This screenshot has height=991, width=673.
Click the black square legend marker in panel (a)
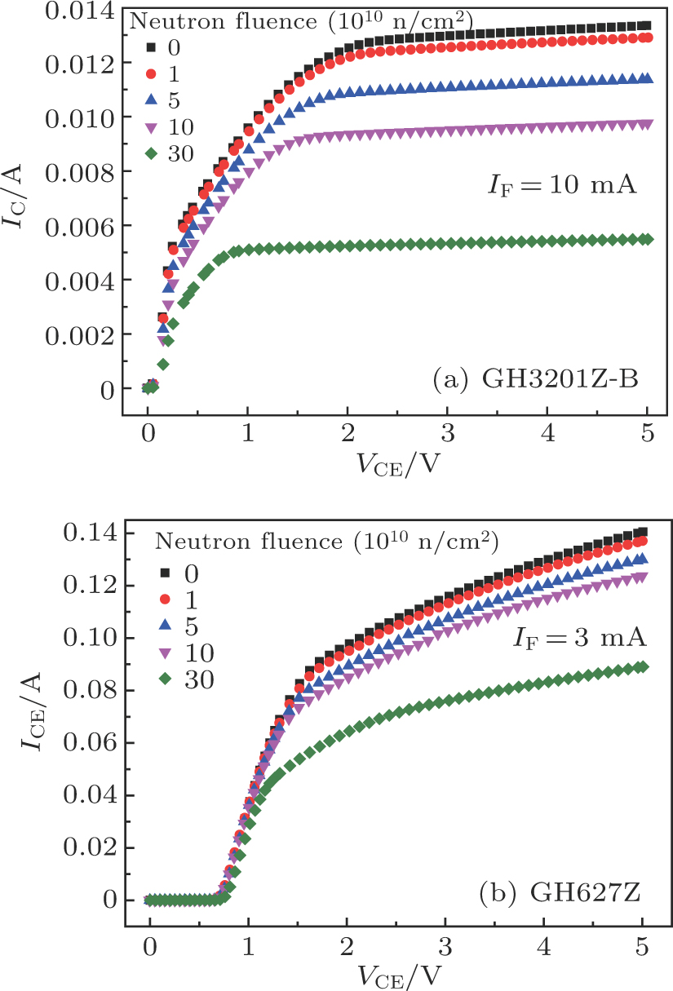149,48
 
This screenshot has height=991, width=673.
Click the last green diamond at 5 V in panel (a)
646,239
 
